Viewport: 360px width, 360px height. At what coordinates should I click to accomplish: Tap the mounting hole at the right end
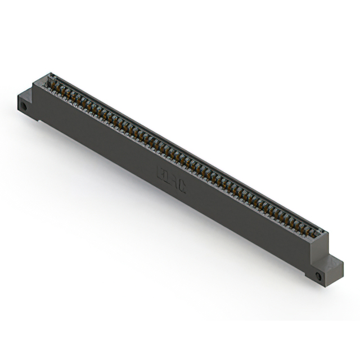click(319, 277)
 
